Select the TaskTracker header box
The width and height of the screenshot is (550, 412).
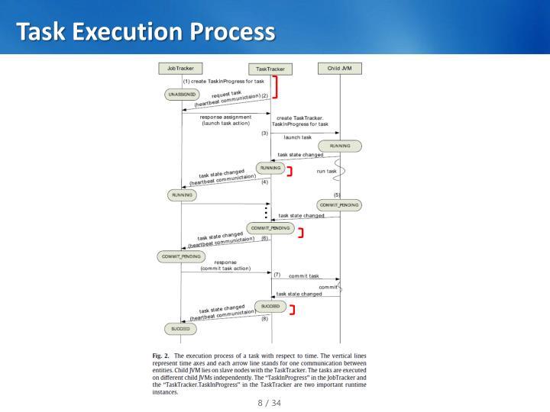[270, 69]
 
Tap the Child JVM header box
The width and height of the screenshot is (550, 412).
[339, 68]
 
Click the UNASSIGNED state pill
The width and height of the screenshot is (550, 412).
[181, 95]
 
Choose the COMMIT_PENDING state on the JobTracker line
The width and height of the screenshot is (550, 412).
[180, 256]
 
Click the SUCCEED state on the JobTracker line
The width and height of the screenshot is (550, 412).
[180, 329]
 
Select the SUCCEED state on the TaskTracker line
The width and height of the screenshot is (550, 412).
[270, 306]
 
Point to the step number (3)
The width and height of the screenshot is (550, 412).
[264, 133]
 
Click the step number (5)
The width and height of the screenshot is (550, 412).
[337, 195]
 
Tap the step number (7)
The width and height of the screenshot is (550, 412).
[277, 273]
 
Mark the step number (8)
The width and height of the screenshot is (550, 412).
[264, 319]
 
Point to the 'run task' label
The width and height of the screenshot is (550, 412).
[326, 172]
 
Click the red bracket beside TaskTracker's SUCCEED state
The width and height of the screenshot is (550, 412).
[292, 310]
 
